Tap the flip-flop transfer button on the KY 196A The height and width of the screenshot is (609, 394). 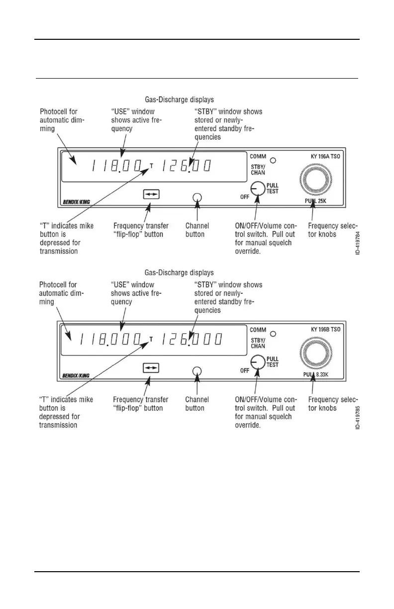tap(151, 195)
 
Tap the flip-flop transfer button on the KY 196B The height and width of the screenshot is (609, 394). tap(151, 368)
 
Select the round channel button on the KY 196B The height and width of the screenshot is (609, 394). tap(197, 370)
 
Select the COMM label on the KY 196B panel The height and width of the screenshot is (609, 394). tap(258, 329)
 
